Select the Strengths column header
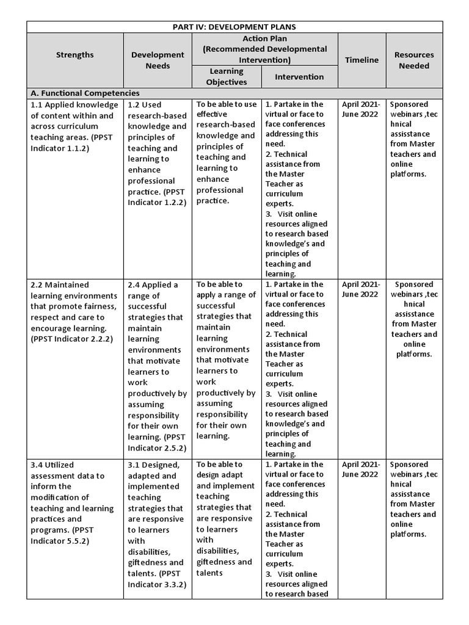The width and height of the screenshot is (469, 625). point(75,55)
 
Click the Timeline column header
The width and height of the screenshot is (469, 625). point(362,60)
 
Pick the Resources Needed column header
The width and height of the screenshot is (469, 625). point(413,60)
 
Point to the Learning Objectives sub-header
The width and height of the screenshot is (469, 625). point(226,77)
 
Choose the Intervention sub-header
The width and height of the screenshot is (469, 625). point(299,77)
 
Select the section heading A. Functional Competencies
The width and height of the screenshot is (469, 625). point(85,93)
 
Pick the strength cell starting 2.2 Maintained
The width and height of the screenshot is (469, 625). point(73,312)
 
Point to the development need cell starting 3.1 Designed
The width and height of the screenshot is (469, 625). point(156,524)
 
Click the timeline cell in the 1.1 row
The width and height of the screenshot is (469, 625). point(361,109)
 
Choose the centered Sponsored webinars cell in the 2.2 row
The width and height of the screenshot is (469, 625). point(414,319)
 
